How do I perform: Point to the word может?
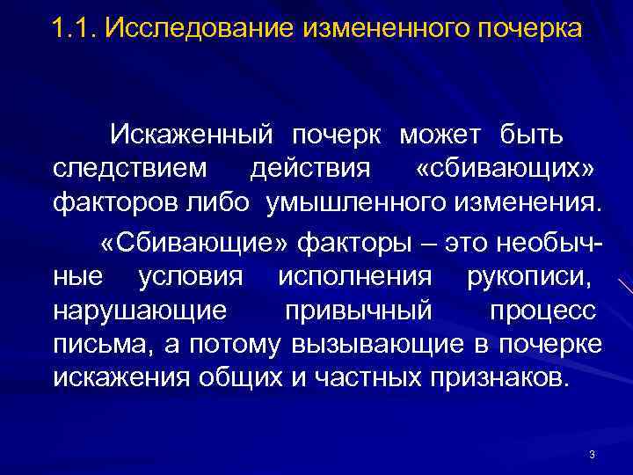[x=441, y=136]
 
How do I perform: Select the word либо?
[x=219, y=203]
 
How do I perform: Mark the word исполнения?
[x=354, y=277]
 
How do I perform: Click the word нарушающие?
[x=139, y=311]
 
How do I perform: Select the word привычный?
[x=359, y=311]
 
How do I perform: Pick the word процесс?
[x=542, y=311]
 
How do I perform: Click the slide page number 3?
[x=592, y=454]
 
